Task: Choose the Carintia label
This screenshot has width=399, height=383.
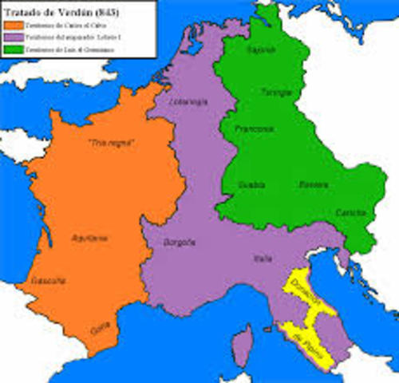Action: coord(349,212)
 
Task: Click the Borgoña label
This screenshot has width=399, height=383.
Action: coord(180,240)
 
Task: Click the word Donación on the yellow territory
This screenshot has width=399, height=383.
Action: coord(306,293)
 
